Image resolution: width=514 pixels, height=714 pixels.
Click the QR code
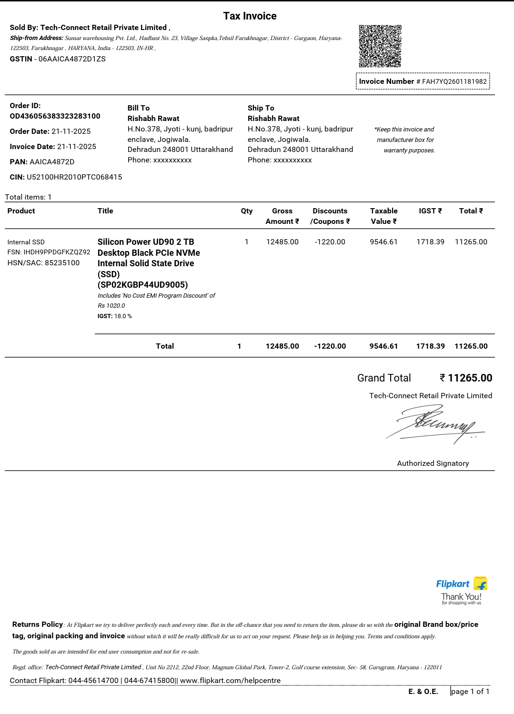pos(380,46)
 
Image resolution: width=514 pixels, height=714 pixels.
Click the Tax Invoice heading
pos(250,16)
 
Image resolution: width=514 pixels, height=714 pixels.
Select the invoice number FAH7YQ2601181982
pos(454,81)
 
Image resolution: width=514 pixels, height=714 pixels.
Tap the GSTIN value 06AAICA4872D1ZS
pos(72,59)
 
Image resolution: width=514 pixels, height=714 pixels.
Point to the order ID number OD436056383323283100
pos(55,116)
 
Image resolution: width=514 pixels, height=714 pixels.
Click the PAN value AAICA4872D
pos(52,162)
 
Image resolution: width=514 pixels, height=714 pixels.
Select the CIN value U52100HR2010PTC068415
pos(74,177)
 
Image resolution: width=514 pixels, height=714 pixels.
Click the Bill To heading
pos(139,108)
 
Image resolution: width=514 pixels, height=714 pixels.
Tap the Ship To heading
pos(261,108)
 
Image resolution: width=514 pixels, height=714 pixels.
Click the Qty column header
pos(247,211)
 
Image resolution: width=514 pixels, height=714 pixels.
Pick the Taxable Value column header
pos(384,216)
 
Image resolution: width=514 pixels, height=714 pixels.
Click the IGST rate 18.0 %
pos(123,316)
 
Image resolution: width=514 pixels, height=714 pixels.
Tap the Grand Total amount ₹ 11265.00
pos(466,378)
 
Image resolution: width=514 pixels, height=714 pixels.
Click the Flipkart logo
pos(461,584)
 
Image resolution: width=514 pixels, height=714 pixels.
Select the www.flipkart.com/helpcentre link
pos(230,681)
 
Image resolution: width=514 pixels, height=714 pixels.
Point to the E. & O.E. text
pos(423,692)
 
